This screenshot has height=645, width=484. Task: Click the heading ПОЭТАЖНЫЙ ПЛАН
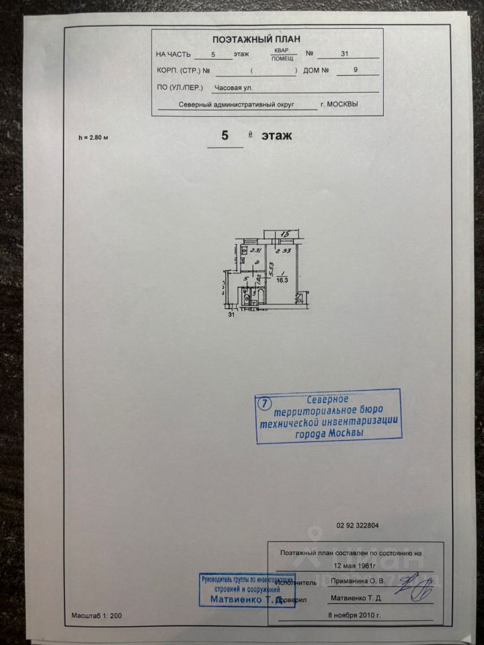[x=266, y=40]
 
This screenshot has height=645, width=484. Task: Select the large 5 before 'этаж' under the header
[x=225, y=135]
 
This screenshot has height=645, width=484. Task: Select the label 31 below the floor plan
[x=232, y=314]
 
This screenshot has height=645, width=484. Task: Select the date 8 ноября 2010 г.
[x=354, y=615]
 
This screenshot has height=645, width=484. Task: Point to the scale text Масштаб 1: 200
[x=97, y=615]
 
